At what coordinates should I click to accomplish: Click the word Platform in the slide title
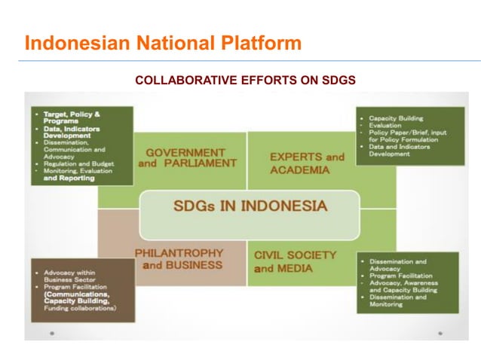[x=254, y=43]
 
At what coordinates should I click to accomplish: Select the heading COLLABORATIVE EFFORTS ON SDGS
[x=245, y=80]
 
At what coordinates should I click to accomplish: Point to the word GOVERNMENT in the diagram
[x=185, y=152]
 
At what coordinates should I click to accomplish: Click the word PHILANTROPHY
[x=179, y=253]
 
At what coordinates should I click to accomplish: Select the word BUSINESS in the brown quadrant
[x=194, y=264]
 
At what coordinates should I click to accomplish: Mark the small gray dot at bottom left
[x=51, y=332]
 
